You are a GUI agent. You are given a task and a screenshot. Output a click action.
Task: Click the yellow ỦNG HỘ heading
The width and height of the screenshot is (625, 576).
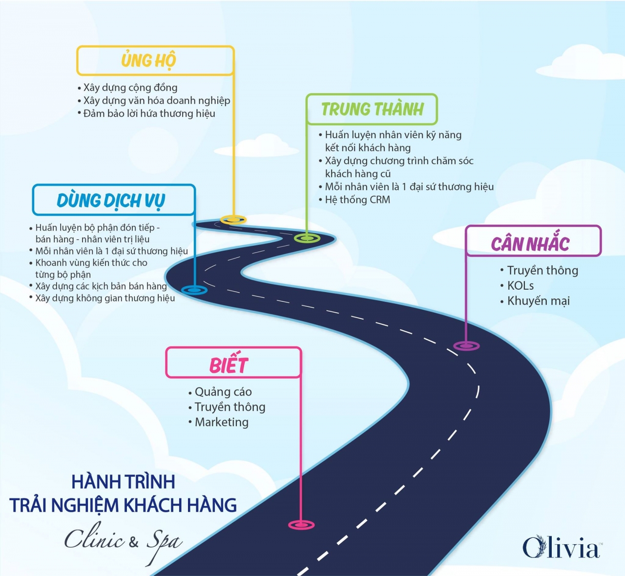pyautogui.click(x=148, y=61)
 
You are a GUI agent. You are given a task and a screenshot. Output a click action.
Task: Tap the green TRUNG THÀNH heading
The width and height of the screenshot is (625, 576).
pyautogui.click(x=372, y=109)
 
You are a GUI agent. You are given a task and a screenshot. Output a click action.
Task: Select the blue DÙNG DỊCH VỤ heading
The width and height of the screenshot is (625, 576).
pyautogui.click(x=111, y=200)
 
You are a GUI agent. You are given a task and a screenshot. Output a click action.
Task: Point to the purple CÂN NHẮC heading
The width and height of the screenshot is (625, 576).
pyautogui.click(x=530, y=243)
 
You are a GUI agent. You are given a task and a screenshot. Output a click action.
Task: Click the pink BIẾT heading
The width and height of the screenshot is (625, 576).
pyautogui.click(x=229, y=365)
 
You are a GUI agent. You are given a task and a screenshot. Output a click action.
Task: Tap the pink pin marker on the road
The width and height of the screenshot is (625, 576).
pyautogui.click(x=301, y=525)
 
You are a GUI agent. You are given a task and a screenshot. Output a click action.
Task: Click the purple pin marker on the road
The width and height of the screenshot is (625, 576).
pyautogui.click(x=466, y=346)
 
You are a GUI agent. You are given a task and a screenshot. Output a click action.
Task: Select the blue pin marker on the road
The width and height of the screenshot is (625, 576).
pyautogui.click(x=194, y=290)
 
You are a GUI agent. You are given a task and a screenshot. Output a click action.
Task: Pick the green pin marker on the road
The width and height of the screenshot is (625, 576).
pyautogui.click(x=307, y=238)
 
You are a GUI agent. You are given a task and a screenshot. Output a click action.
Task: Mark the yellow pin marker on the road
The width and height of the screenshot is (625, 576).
pyautogui.click(x=233, y=219)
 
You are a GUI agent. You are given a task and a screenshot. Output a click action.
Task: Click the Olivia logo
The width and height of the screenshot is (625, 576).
pyautogui.click(x=562, y=547)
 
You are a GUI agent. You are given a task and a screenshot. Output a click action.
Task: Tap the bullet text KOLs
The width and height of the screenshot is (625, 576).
pyautogui.click(x=520, y=285)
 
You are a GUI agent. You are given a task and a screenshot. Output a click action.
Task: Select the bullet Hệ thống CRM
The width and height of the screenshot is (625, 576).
pyautogui.click(x=357, y=199)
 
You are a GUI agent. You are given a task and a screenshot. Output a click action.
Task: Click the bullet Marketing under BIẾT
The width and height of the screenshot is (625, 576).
pyautogui.click(x=222, y=422)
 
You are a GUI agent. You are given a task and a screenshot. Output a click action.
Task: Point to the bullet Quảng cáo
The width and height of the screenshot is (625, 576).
pyautogui.click(x=223, y=392)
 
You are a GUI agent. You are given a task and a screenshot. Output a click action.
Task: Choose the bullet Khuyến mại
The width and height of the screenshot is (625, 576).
pyautogui.click(x=538, y=301)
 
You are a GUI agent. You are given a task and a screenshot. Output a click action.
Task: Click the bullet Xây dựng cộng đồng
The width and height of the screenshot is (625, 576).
pyautogui.click(x=130, y=87)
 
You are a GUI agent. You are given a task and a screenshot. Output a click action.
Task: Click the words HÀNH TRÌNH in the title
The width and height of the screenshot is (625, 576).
pyautogui.click(x=123, y=482)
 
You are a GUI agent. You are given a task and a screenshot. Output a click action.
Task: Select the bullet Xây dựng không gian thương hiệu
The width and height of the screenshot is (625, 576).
pyautogui.click(x=105, y=298)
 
